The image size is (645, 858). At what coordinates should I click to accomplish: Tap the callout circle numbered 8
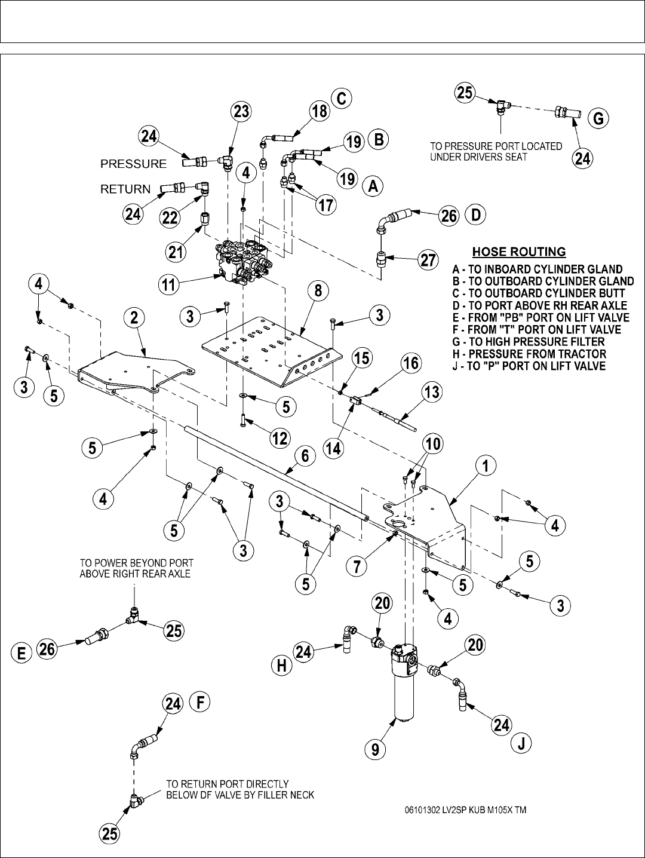pyautogui.click(x=318, y=291)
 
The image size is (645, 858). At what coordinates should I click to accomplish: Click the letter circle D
pyautogui.click(x=475, y=215)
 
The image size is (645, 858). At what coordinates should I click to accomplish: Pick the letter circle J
pyautogui.click(x=521, y=743)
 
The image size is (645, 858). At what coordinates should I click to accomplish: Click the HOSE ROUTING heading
pyautogui.click(x=519, y=252)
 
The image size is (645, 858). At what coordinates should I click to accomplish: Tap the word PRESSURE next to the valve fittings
pyautogui.click(x=133, y=164)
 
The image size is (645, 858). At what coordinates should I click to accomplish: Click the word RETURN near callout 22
pyautogui.click(x=125, y=189)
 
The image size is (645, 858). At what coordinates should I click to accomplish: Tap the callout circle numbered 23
pyautogui.click(x=242, y=111)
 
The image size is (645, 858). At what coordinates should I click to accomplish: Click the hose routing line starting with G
pyautogui.click(x=529, y=342)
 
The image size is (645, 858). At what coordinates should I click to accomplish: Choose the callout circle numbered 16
pyautogui.click(x=411, y=363)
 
